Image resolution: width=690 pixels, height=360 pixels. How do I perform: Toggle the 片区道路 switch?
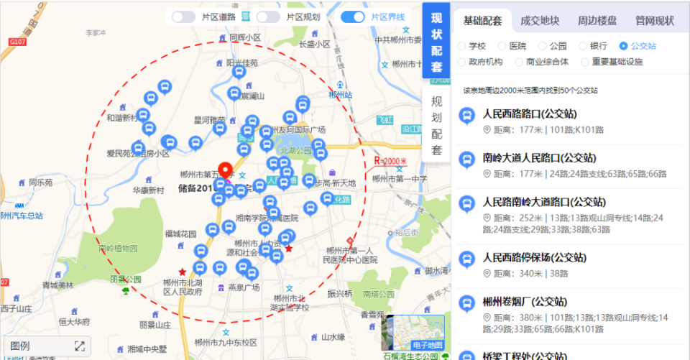184,17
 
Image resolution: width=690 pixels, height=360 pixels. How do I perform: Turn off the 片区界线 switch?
353,17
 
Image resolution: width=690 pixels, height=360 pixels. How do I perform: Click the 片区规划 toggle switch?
268,17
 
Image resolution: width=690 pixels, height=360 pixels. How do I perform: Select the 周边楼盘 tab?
597,21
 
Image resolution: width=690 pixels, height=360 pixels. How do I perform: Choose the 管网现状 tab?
654,21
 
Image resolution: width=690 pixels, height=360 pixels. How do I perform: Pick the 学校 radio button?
462,46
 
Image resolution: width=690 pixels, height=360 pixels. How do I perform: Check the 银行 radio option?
584,46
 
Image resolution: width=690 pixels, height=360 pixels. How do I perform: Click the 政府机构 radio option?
462,62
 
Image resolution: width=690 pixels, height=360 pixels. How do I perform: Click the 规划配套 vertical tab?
437,125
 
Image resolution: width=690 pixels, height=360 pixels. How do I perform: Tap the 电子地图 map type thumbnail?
417,335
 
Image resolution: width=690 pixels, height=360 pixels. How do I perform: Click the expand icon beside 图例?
80,346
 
